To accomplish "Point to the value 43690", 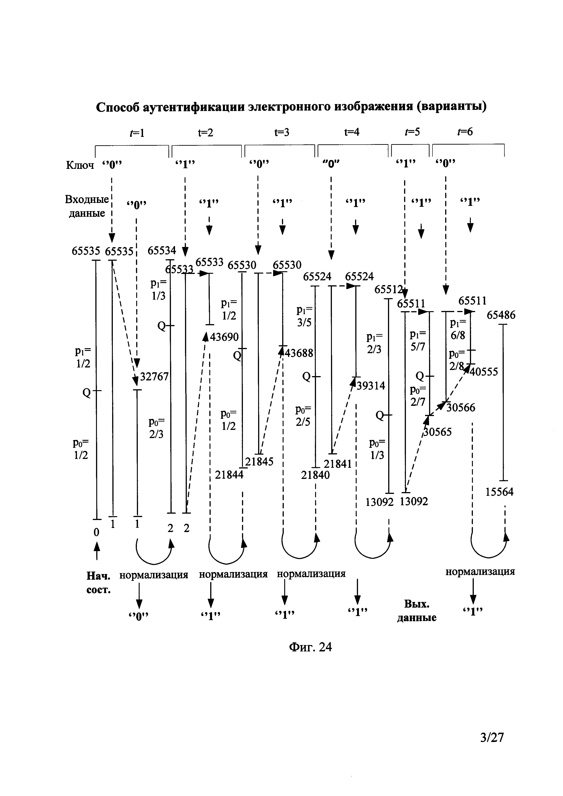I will pyautogui.click(x=224, y=337).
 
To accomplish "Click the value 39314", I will pyautogui.click(x=371, y=386).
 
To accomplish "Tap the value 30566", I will pyautogui.click(x=461, y=408).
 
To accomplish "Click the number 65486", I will pyautogui.click(x=501, y=315).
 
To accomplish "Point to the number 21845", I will pyautogui.click(x=259, y=462).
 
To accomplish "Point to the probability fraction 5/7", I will pyautogui.click(x=417, y=347).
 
